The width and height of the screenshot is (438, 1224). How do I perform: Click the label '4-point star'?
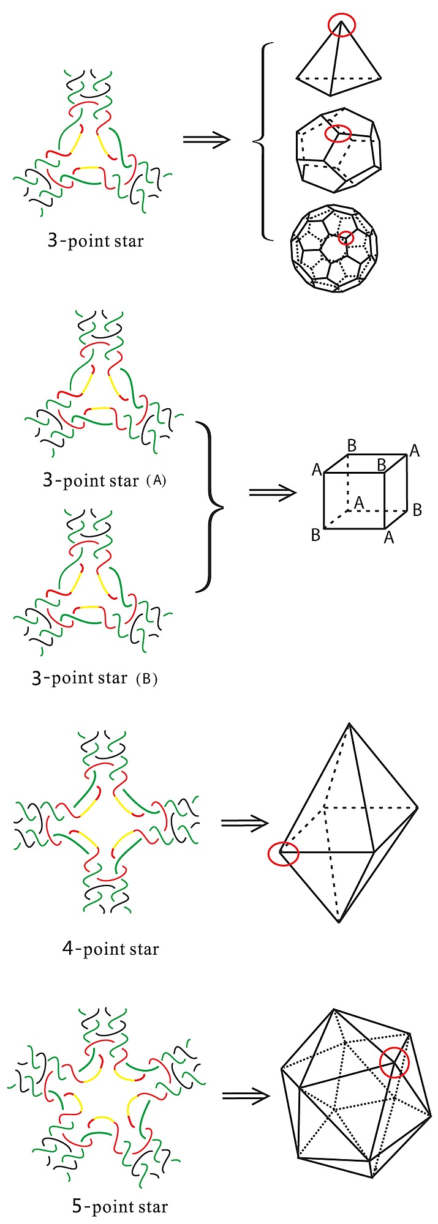coord(111,949)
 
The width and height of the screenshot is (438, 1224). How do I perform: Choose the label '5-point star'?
coord(119,1207)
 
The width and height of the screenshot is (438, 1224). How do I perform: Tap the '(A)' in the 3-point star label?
coord(157,481)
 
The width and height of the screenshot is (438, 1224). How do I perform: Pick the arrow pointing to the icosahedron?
coord(246,1095)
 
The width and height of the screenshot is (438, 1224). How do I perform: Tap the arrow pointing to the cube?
coord(273,493)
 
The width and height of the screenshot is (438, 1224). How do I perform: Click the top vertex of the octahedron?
coord(349,724)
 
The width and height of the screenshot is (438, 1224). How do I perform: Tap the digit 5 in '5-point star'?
coord(77,1207)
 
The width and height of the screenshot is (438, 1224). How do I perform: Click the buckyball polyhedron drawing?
coord(332,248)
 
